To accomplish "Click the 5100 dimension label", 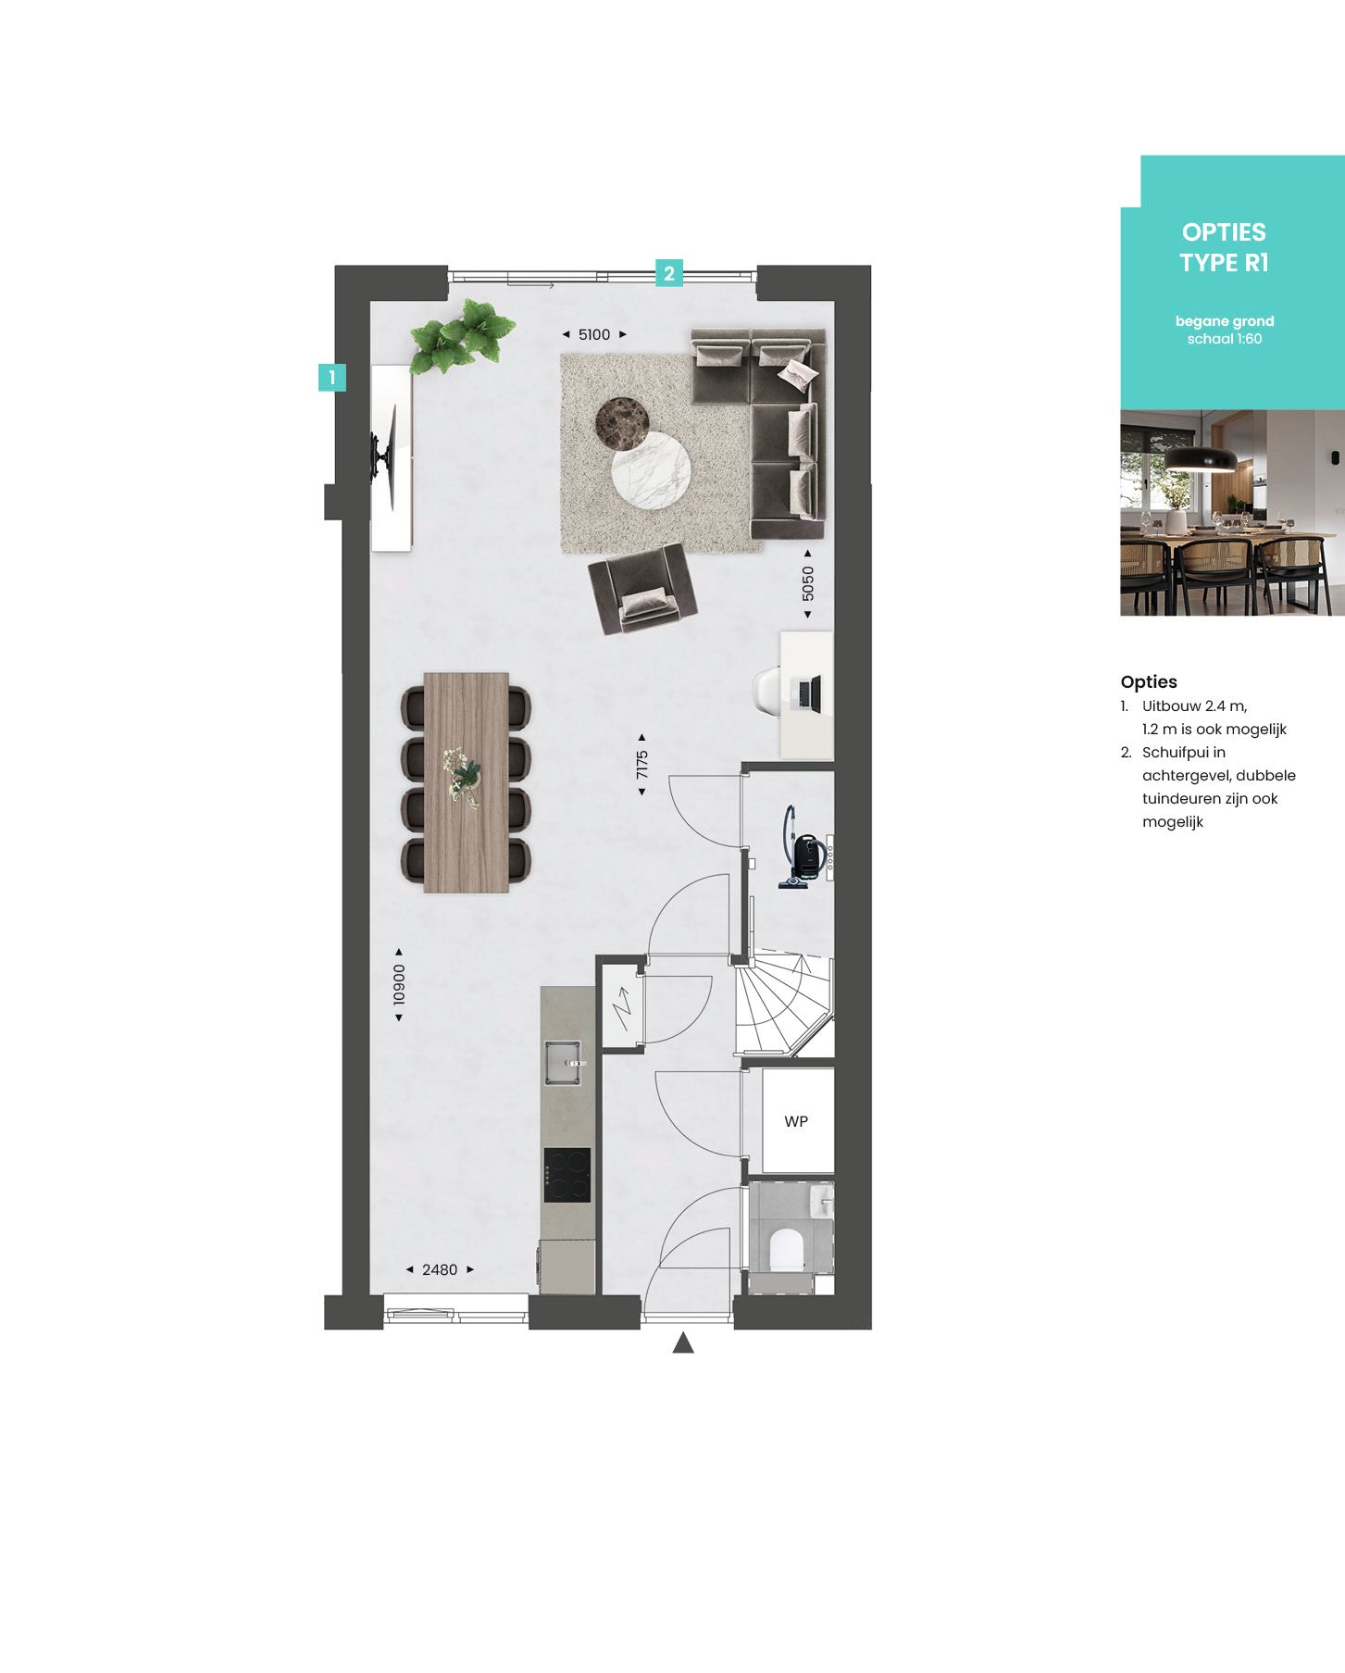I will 594,334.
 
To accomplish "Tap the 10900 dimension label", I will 399,984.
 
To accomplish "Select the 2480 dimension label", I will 440,1269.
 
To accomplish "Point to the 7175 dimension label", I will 641,765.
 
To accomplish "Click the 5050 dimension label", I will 808,583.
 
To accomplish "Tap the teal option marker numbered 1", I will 331,377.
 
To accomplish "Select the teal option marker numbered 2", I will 669,273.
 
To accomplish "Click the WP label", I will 795,1121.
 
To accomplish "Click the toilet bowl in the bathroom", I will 786,1248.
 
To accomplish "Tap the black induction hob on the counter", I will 567,1174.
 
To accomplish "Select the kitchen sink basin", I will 561,1062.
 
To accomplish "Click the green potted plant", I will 461,335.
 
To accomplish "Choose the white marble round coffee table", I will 650,469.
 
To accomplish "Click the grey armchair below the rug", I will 642,589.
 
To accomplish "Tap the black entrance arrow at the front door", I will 683,1343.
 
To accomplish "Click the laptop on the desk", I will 808,693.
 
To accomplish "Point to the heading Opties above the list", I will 1148,681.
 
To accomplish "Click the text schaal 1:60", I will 1224,339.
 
